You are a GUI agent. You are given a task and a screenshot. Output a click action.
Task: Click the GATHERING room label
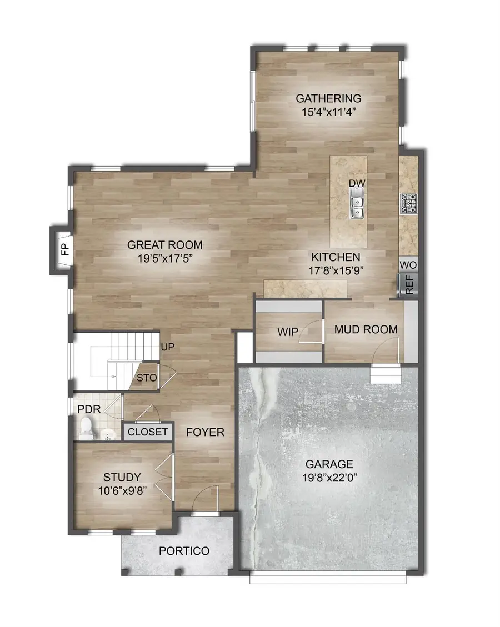point(328,98)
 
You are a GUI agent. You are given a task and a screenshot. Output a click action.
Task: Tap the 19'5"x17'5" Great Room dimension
point(164,258)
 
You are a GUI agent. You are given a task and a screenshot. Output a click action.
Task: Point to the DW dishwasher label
point(356,183)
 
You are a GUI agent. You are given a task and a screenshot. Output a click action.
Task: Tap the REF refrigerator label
point(409,284)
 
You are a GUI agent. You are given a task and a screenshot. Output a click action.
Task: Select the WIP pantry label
point(288,332)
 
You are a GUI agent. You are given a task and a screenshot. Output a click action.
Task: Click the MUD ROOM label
point(366,329)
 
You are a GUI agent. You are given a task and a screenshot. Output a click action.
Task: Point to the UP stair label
point(168,347)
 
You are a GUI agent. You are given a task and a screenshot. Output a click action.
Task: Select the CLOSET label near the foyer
point(148,432)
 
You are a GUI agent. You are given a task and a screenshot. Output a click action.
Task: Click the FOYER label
point(205,432)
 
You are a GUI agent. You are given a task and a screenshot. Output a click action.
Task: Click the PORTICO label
point(184,551)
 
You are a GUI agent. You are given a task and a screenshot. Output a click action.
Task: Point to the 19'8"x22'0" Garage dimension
point(328,478)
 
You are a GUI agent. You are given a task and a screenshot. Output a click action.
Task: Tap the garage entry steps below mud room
point(385,377)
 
